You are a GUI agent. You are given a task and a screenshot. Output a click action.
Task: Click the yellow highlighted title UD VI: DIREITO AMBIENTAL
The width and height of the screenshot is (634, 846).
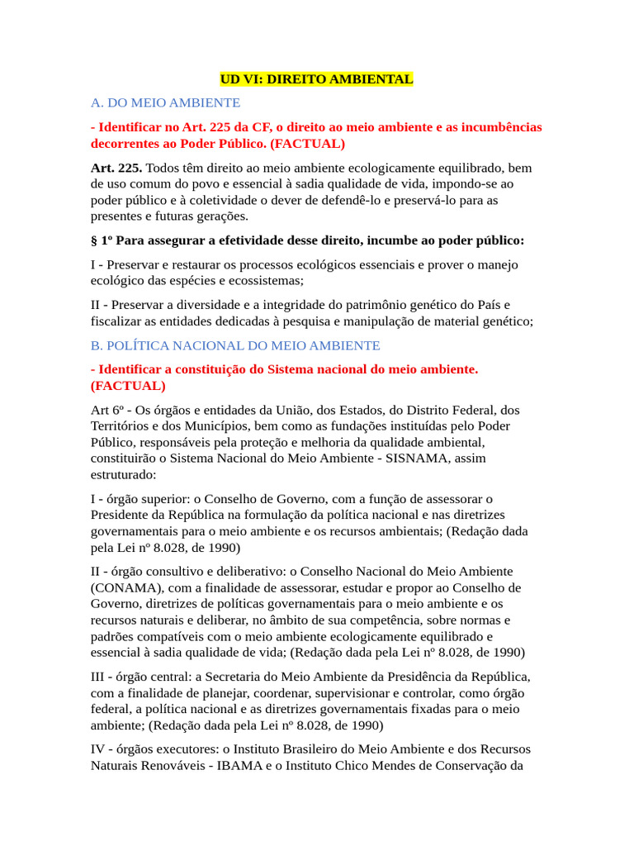[x=316, y=79]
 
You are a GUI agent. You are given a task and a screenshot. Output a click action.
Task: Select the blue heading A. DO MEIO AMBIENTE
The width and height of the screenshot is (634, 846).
[x=165, y=103]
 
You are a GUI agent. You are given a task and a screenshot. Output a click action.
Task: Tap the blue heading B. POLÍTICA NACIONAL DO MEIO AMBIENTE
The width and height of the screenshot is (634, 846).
[x=235, y=345]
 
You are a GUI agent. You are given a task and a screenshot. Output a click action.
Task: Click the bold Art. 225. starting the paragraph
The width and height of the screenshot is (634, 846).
[x=116, y=168]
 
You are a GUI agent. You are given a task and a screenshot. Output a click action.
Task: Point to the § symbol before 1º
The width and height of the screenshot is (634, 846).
[x=94, y=240]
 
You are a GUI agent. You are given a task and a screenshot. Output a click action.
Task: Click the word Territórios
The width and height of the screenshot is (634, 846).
[x=123, y=426]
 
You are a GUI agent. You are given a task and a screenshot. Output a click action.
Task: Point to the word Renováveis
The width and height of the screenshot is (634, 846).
[x=168, y=765]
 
